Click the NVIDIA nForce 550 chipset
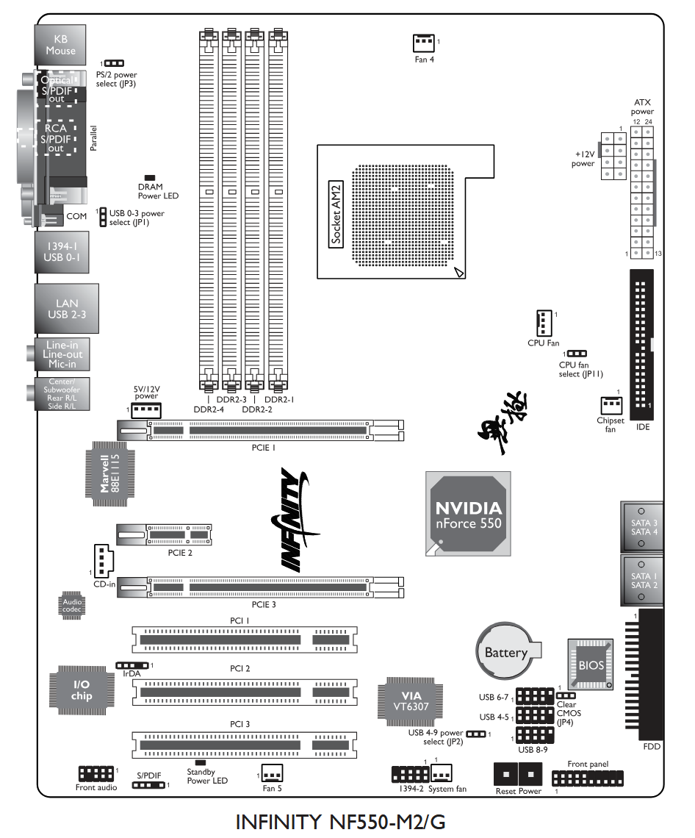point(469,514)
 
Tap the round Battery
point(507,651)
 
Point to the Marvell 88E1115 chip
point(109,473)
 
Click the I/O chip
point(82,690)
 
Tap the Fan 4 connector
point(424,43)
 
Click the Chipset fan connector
point(610,406)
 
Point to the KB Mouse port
point(60,45)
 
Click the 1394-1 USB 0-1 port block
point(59,252)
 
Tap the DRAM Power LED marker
point(150,178)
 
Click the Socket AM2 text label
point(336,212)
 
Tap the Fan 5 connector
point(271,773)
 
